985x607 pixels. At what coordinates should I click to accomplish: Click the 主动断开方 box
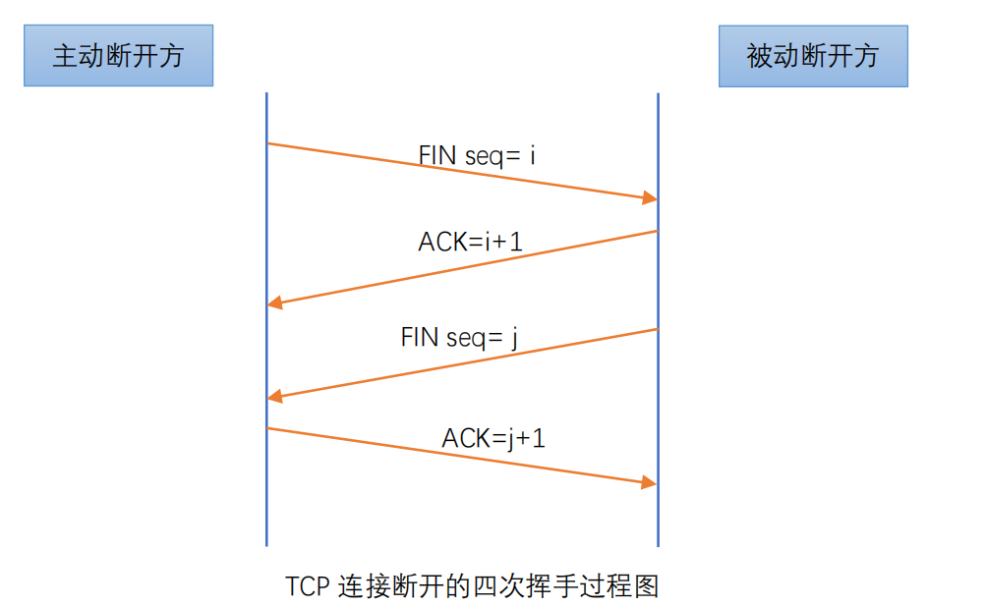click(119, 55)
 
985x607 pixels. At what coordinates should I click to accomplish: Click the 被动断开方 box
click(814, 56)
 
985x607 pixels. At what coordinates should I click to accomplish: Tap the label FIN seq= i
click(477, 155)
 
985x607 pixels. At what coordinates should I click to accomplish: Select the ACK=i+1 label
click(471, 242)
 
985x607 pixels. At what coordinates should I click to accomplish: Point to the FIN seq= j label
click(459, 338)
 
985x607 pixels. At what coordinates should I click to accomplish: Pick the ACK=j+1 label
click(493, 438)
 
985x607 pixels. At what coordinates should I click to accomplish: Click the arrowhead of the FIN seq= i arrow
click(650, 198)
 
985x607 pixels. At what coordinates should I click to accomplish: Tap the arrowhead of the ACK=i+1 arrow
click(274, 303)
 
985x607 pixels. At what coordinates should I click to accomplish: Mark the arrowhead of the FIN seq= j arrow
click(274, 397)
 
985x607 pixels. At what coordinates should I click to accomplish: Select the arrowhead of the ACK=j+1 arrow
click(649, 482)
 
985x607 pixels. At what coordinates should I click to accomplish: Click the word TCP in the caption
click(308, 586)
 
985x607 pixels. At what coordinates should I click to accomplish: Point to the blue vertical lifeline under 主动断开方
click(267, 319)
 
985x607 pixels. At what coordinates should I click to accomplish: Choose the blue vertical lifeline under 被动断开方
click(659, 320)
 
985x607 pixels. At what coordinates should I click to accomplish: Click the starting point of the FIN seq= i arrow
click(268, 143)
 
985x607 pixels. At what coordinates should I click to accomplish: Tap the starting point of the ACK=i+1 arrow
click(657, 232)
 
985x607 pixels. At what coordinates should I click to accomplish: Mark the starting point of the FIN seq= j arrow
click(657, 329)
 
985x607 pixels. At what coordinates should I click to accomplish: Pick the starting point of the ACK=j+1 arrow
click(268, 428)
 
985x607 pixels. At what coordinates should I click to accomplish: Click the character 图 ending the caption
click(646, 586)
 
